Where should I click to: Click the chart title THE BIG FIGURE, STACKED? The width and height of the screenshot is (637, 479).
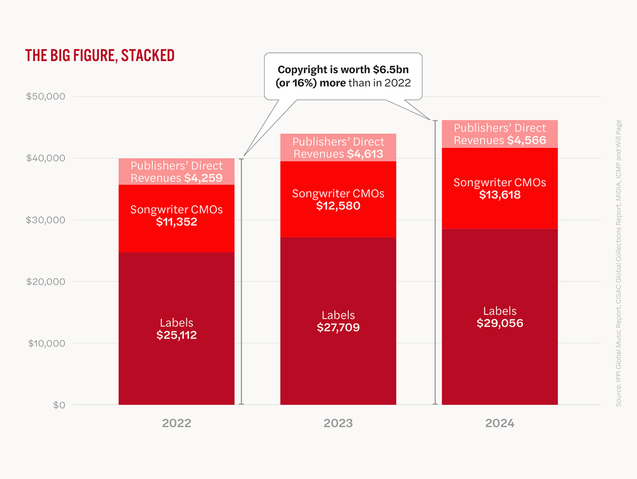[100, 56]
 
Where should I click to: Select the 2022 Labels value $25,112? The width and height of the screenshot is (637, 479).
[176, 335]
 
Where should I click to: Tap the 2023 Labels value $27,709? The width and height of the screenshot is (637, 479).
[338, 328]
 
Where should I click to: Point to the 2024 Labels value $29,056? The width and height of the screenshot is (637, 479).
[500, 323]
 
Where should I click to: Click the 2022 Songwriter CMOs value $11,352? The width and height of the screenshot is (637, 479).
[176, 222]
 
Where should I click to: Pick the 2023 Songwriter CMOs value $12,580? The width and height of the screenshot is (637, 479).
[338, 206]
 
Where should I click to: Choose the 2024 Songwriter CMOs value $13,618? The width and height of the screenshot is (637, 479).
[500, 195]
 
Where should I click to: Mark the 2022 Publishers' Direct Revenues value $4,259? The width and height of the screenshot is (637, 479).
[203, 178]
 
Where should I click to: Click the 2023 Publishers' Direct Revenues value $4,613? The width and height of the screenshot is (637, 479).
[365, 154]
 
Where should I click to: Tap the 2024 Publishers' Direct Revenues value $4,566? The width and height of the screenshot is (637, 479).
[527, 140]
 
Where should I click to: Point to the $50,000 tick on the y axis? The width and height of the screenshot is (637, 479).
[45, 97]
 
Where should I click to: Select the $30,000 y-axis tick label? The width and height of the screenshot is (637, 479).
[45, 220]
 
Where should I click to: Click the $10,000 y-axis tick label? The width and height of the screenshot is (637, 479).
[45, 343]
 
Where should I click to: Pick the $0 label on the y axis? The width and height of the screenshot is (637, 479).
[58, 405]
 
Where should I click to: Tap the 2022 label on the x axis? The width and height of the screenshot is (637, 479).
[176, 424]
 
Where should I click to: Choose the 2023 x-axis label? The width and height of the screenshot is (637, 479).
[338, 424]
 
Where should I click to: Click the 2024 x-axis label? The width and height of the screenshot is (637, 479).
[500, 424]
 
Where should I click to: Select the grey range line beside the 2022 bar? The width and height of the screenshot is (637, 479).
[242, 281]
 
